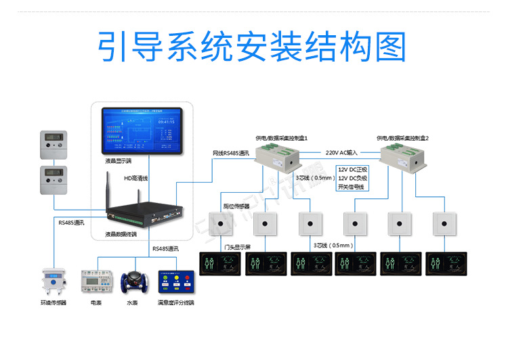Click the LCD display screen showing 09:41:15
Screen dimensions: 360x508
(x=142, y=130)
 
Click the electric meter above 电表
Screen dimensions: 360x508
(x=96, y=282)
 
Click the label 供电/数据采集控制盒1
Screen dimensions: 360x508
(x=282, y=137)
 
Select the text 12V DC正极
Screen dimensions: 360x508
(x=352, y=168)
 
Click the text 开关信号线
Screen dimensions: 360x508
(x=351, y=186)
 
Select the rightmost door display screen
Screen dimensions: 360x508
(x=446, y=263)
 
